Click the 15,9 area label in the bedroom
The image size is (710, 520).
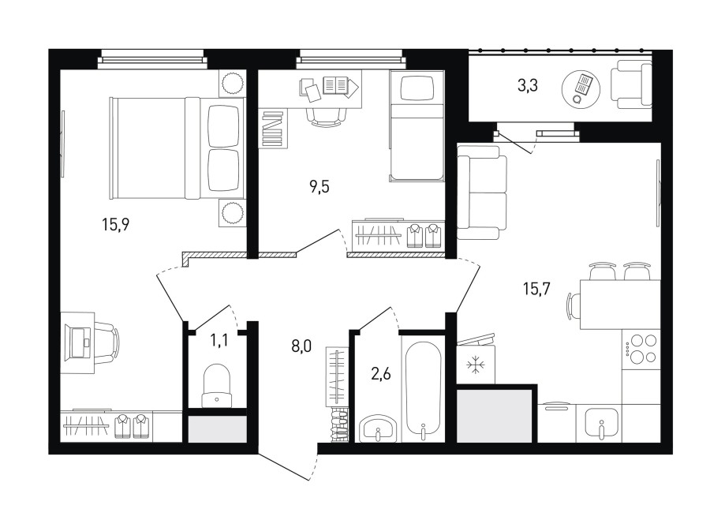pos(116,224)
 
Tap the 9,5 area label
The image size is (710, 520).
pos(319,186)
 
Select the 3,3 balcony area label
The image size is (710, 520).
pos(528,85)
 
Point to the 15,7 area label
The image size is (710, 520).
pos(536,288)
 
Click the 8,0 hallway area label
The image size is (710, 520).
pos(301,347)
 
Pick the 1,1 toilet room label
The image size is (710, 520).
pos(219,341)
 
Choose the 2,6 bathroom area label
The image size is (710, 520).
pos(381,374)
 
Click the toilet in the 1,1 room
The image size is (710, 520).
pos(217,386)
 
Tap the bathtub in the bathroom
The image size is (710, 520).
pos(424,390)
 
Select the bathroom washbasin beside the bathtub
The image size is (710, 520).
pos(378,428)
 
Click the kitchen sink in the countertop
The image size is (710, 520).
pos(601,424)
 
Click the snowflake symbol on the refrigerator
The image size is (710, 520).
pos(476,365)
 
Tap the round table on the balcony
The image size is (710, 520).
pos(581,88)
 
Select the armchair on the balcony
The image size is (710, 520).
pos(631,85)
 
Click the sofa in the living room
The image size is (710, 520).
pos(482,196)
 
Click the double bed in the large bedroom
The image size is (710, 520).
pos(177,148)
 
